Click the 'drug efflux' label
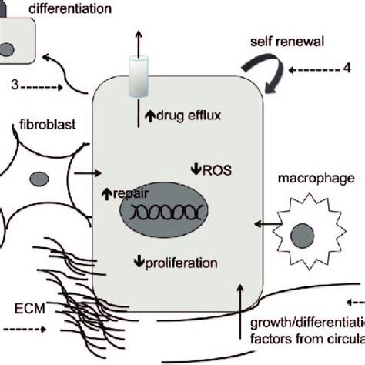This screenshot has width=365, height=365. click(189, 116)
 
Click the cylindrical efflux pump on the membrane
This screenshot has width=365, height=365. click(139, 73)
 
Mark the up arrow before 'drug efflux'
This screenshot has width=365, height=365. click(150, 116)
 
